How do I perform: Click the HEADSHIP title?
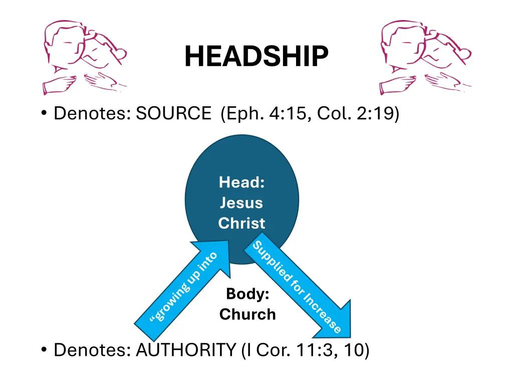tap(256, 56)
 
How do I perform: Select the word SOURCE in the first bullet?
tap(173, 114)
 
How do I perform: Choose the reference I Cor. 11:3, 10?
tap(306, 350)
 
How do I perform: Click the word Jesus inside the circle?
tap(241, 203)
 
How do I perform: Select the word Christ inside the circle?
tap(241, 223)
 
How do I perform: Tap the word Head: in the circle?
tap(241, 182)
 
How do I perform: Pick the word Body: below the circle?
tap(246, 294)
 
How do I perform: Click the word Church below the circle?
tap(247, 314)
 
